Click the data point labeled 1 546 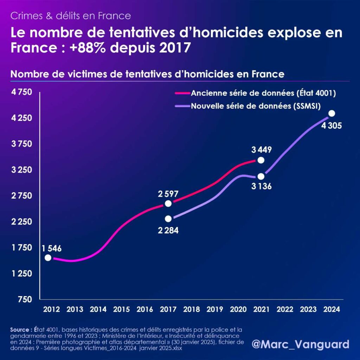coord(48,258)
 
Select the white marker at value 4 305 coord(331,113)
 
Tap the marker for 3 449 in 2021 coord(261,160)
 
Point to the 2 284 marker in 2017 coord(168,219)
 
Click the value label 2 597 coord(168,193)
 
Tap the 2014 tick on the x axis coord(98,309)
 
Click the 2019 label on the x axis coord(214,309)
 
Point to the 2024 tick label coord(331,309)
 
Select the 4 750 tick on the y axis coord(21,92)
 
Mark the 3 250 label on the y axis coord(21,170)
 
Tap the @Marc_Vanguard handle coord(300,344)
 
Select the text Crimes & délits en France coord(71,16)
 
